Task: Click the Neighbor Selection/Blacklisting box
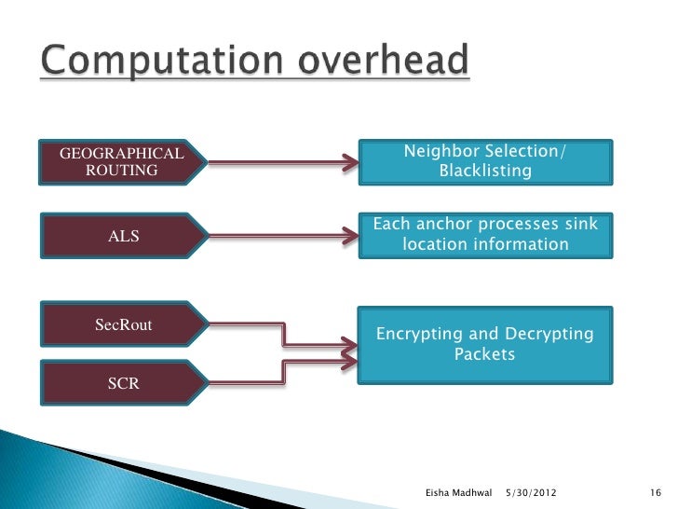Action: coord(484,162)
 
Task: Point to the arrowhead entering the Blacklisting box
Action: coord(348,165)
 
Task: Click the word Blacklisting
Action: coord(484,172)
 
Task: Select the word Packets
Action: coord(484,355)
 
